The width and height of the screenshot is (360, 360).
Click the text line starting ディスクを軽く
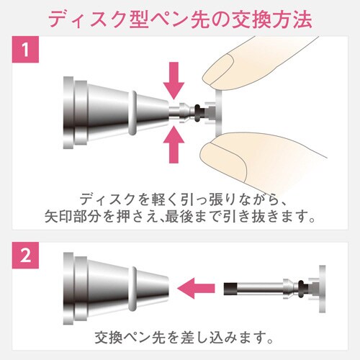[180, 197]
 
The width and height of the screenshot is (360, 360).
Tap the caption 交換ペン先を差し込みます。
[180, 336]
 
